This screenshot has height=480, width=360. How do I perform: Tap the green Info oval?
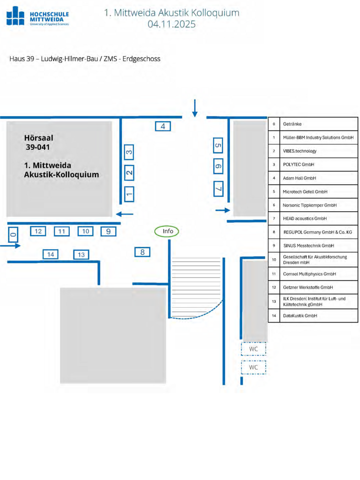pyautogui.click(x=167, y=231)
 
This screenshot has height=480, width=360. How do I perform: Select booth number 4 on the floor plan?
pyautogui.click(x=163, y=126)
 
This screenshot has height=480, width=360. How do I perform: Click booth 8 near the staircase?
pyautogui.click(x=142, y=252)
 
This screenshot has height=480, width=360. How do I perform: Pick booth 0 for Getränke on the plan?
pyautogui.click(x=13, y=234)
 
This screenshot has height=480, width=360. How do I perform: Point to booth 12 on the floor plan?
pyautogui.click(x=38, y=231)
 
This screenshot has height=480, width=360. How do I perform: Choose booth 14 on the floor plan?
pyautogui.click(x=50, y=254)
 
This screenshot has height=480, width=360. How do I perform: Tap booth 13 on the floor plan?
pyautogui.click(x=81, y=254)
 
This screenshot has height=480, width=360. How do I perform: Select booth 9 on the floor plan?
pyautogui.click(x=108, y=231)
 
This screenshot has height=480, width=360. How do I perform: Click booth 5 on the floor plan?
pyautogui.click(x=217, y=145)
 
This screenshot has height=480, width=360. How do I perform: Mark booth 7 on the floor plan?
pyautogui.click(x=217, y=188)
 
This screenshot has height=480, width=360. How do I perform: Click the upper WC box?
pyautogui.click(x=253, y=349)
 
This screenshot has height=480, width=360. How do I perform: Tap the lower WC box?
pyautogui.click(x=253, y=367)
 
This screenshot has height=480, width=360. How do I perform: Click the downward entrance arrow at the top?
pyautogui.click(x=194, y=108)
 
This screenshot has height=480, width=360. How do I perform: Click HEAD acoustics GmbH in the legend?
pyautogui.click(x=304, y=218)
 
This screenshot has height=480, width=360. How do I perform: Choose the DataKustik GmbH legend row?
pyautogui.click(x=300, y=315)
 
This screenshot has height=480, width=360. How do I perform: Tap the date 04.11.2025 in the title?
pyautogui.click(x=171, y=24)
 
